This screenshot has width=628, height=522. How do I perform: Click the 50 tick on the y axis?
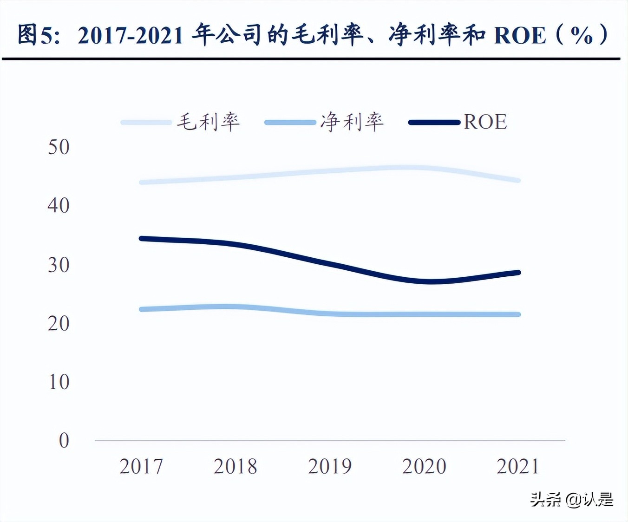point(59,147)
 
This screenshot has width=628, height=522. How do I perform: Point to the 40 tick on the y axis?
point(59,206)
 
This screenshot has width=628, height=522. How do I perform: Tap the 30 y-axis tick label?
point(59,265)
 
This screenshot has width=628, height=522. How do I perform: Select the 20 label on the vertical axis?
point(59,324)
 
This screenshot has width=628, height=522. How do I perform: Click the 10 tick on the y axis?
point(59,382)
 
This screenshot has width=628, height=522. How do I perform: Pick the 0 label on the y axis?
point(64,441)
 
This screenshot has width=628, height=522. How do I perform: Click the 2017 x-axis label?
point(141,466)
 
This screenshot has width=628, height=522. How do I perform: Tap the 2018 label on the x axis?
point(235,466)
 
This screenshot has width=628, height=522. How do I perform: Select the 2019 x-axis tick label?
point(330,466)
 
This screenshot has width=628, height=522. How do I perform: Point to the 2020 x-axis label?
point(424,466)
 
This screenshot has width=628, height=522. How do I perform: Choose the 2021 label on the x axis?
point(518,466)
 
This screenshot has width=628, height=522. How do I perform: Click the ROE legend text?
point(485,122)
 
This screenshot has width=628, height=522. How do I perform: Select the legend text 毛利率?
point(208,122)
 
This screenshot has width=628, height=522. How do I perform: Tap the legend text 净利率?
point(352,122)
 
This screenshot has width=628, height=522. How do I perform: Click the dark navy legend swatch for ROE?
point(434,123)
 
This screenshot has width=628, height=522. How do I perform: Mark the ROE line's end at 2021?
point(518,273)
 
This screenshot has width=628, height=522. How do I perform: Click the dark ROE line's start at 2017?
point(142,239)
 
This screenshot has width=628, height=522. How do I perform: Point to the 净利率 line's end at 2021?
point(518,314)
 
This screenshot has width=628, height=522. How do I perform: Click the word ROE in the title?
point(520,36)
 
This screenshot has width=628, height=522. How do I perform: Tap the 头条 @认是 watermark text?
point(572,500)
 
